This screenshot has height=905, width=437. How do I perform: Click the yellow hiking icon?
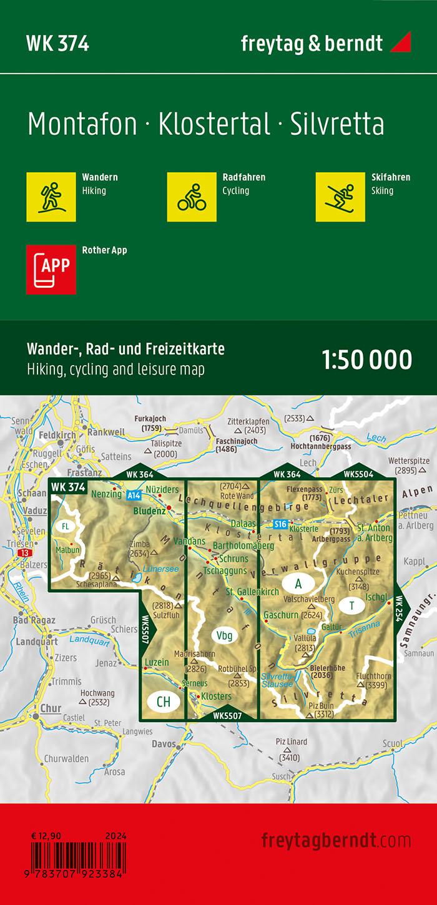51,197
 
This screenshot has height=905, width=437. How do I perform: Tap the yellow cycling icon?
192,197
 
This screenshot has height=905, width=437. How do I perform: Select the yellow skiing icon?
340,197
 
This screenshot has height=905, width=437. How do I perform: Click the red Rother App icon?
51,269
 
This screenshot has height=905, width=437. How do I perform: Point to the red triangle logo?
400,43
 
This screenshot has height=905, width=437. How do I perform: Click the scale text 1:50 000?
367,360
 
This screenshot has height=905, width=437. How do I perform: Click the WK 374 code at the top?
57,44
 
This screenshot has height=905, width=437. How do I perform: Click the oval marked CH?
163,702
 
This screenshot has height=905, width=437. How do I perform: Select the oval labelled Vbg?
225,636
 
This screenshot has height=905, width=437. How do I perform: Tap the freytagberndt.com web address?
336,840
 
